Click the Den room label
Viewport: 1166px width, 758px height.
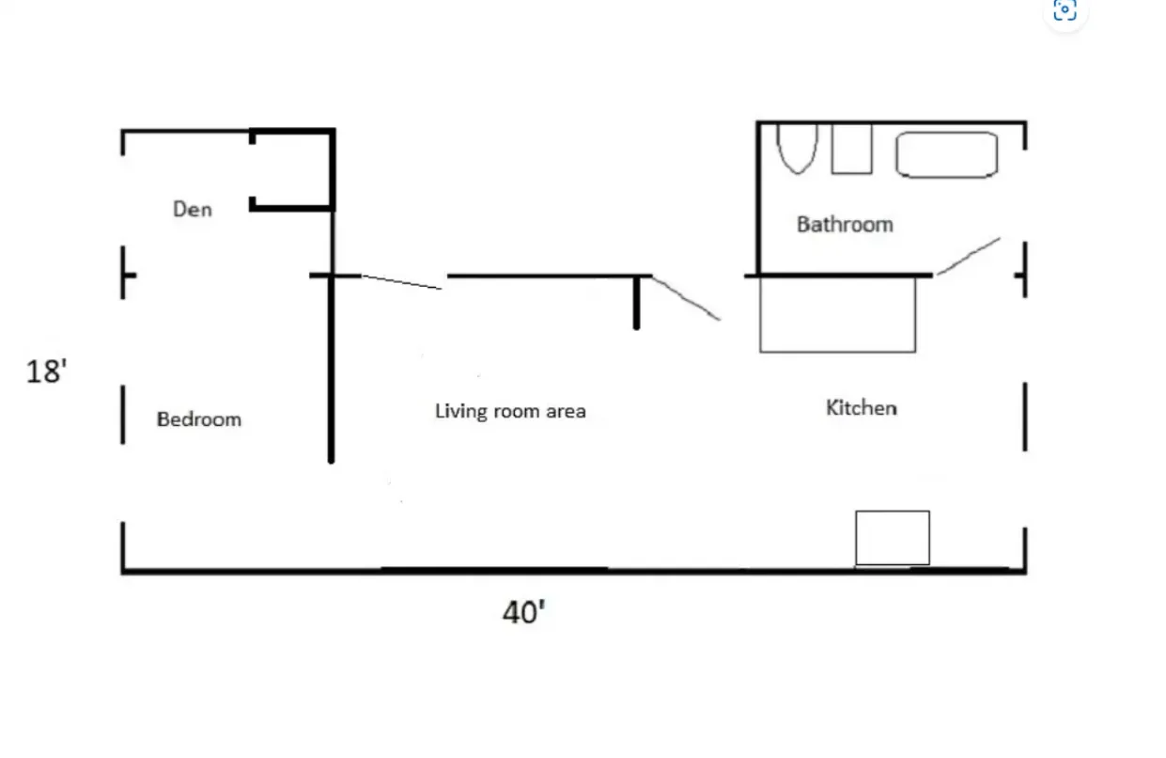[x=193, y=209]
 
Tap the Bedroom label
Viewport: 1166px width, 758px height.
[x=198, y=418]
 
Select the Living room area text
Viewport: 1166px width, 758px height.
[x=510, y=411]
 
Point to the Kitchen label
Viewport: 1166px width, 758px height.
[x=861, y=407]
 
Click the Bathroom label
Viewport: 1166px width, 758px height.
[x=845, y=224]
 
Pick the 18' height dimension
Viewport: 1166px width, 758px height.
[x=46, y=371]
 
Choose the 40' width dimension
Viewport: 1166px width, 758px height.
[x=523, y=613]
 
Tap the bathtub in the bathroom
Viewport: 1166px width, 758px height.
[x=946, y=155]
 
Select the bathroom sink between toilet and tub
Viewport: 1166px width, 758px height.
[x=851, y=149]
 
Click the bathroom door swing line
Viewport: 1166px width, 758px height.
[x=969, y=256]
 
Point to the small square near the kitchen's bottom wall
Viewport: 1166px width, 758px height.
[x=892, y=538]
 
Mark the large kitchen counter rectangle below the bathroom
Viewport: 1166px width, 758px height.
[x=837, y=315]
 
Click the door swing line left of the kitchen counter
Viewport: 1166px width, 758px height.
[x=686, y=298]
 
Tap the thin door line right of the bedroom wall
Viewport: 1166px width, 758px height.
[x=401, y=282]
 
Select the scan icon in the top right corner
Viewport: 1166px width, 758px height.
[x=1065, y=11]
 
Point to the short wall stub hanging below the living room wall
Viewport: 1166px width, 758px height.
[x=636, y=303]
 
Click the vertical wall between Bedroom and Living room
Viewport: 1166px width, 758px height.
[x=331, y=376]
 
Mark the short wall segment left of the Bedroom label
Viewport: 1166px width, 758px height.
[x=123, y=414]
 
